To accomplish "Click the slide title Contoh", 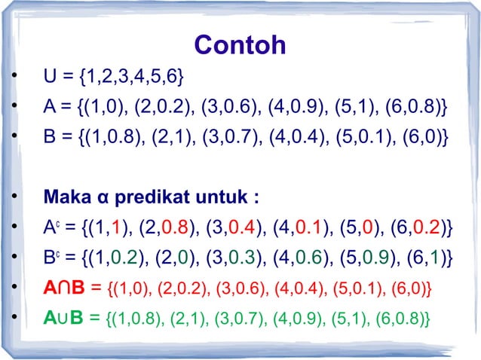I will pyautogui.click(x=240, y=45).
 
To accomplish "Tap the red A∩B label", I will pyautogui.click(x=63, y=288).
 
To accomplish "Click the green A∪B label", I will pyautogui.click(x=63, y=319).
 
